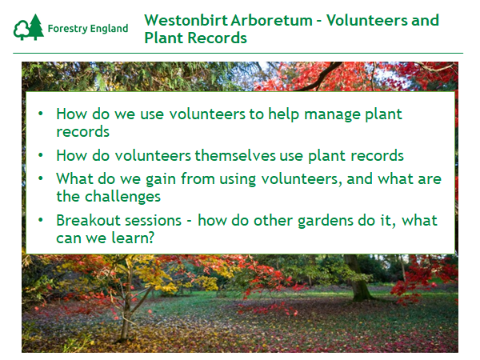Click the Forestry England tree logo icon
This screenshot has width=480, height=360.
click(29, 27)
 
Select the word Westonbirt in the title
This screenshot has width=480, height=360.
click(186, 20)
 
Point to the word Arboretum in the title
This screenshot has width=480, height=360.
click(271, 20)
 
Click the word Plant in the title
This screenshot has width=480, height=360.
click(164, 38)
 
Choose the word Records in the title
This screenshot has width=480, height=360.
click(217, 38)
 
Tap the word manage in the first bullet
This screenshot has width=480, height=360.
click(332, 115)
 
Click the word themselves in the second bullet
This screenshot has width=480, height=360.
click(235, 155)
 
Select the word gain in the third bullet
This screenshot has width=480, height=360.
click(161, 179)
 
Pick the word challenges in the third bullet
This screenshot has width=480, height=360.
click(122, 197)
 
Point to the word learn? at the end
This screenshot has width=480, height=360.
click(133, 238)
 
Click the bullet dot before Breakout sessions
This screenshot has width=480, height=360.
click(41, 220)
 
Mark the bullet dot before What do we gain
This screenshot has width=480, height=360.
click(41, 178)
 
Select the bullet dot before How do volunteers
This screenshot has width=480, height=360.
click(41, 155)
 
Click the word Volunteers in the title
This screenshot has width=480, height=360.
click(366, 20)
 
